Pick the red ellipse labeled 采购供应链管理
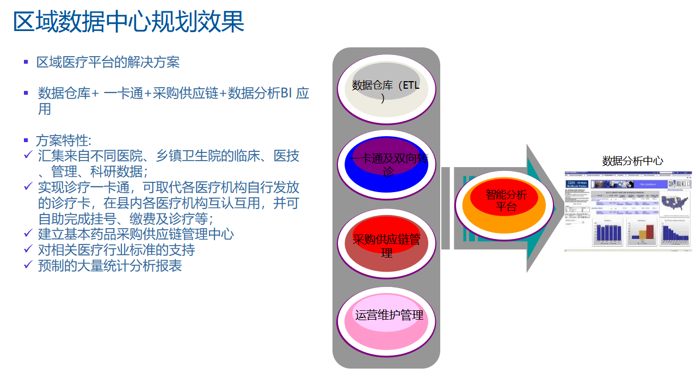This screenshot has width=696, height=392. [386, 244]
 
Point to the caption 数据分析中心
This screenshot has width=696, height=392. [632, 161]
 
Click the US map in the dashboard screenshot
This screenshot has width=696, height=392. [674, 202]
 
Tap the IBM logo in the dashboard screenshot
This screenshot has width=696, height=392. [571, 183]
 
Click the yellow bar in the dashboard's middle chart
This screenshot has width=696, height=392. [642, 234]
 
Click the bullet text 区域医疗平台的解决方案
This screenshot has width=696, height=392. [108, 62]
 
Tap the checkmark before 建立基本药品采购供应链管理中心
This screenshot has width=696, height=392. [29, 234]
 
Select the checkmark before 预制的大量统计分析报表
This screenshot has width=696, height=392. [29, 265]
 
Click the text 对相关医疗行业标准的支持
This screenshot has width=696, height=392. [116, 250]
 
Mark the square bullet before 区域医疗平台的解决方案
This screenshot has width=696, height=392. [26, 62]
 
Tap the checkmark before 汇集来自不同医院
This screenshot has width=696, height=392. [29, 156]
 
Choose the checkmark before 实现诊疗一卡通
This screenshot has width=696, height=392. [29, 187]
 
